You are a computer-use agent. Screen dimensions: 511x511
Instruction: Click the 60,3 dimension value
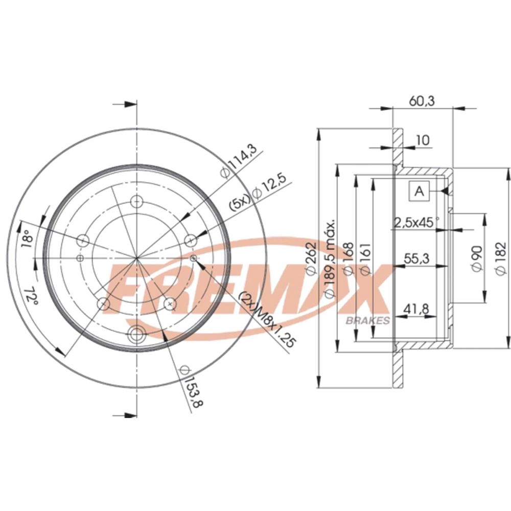422,101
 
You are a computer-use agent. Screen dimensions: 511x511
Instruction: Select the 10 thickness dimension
423,140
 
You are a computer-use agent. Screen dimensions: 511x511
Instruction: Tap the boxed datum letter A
419,191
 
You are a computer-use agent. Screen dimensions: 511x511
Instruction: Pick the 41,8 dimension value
416,309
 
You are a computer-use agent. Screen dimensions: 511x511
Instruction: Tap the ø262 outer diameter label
311,258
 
